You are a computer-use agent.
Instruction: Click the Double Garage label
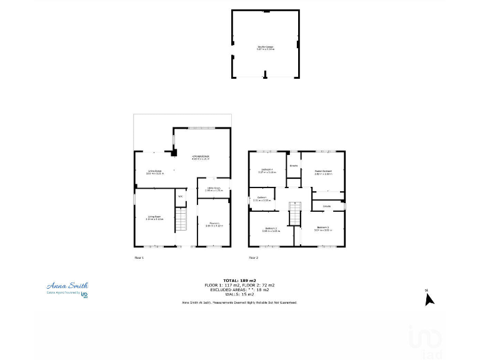(265, 47)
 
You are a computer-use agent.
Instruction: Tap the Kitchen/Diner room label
(201, 157)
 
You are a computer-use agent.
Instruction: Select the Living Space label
(154, 172)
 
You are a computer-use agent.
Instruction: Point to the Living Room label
(154, 218)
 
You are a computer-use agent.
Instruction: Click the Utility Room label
(213, 189)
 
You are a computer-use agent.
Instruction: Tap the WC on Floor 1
(180, 197)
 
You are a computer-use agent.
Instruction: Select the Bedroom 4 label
(267, 171)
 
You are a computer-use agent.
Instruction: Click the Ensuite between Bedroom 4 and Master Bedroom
(293, 166)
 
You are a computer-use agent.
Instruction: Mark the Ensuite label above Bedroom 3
(326, 206)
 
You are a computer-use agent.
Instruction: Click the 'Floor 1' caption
(139, 257)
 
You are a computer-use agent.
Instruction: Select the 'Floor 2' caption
(253, 257)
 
